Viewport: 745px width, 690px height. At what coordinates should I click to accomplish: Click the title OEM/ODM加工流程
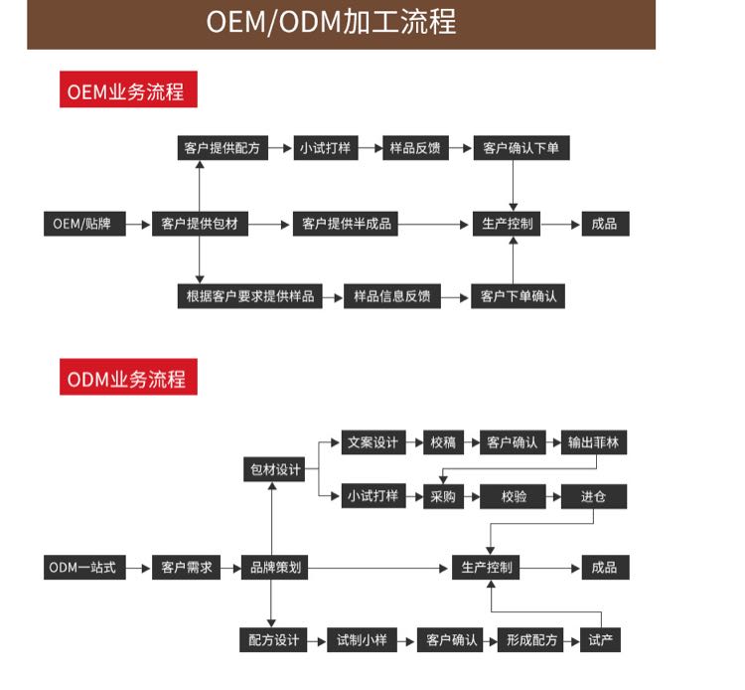[331, 23]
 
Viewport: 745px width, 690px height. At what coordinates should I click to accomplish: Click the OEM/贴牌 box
[83, 224]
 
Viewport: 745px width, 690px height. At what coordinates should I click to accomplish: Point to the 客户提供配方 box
[222, 148]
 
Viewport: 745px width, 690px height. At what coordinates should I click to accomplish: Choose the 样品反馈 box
[414, 148]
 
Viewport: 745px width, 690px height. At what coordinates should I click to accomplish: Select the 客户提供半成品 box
[348, 224]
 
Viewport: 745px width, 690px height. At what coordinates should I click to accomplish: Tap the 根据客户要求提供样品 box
[249, 295]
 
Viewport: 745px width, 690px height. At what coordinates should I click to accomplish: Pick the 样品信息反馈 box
[392, 295]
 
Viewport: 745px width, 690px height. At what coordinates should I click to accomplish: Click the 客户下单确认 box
[519, 295]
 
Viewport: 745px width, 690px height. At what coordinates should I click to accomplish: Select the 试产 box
[601, 639]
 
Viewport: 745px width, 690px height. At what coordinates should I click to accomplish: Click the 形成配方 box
[531, 639]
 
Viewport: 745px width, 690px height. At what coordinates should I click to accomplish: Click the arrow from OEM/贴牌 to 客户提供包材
[138, 224]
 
